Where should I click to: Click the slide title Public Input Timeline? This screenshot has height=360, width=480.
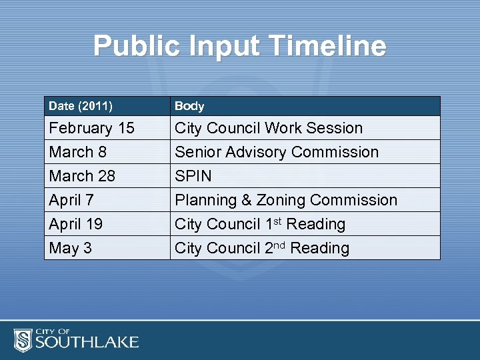tap(239, 46)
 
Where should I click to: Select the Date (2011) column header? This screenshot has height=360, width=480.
tap(81, 106)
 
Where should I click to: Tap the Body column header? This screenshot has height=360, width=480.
tap(189, 106)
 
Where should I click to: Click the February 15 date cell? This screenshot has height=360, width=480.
tap(91, 128)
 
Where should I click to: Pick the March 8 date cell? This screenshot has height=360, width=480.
tap(77, 152)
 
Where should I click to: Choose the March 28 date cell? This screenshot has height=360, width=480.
tap(82, 176)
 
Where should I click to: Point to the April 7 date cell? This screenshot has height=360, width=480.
tap(71, 200)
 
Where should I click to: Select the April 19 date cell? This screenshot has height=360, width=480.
tap(75, 224)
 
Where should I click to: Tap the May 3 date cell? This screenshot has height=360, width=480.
tap(70, 248)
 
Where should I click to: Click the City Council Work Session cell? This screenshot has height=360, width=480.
tap(269, 128)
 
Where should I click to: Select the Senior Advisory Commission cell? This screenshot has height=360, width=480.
tap(276, 152)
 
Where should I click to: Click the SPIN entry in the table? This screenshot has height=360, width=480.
tap(193, 176)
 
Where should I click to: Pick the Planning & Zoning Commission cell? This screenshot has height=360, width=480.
tap(285, 200)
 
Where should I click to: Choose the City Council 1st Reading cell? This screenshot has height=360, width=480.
tap(260, 224)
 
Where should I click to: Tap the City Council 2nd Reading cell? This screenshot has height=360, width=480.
tap(262, 248)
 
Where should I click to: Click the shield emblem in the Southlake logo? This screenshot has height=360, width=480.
tap(23, 339)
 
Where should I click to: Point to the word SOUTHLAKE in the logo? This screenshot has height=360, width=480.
tap(87, 343)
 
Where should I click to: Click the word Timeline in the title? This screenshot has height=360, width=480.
tap(331, 46)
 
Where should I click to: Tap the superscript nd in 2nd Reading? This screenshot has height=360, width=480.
tap(280, 244)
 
